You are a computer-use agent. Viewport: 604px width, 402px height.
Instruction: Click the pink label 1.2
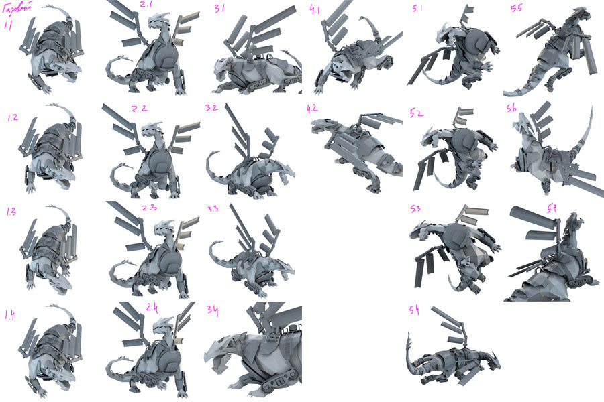tap(13, 117)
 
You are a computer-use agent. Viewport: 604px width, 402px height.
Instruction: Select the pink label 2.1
tap(146, 5)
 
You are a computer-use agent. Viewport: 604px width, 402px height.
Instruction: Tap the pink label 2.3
tap(149, 208)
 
